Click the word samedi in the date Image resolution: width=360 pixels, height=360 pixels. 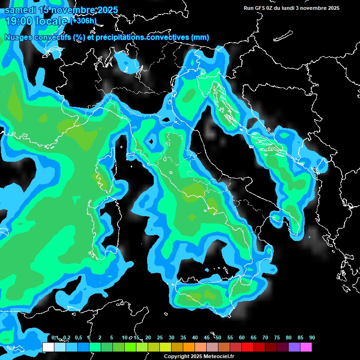[x=20, y=10]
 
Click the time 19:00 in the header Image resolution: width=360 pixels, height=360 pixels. [x=21, y=21]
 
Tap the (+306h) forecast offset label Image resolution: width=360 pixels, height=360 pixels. [x=83, y=21]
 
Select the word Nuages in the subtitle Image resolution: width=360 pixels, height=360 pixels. [x=18, y=37]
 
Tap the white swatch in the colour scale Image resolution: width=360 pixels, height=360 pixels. [x=48, y=347]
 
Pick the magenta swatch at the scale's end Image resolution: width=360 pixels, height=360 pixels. [x=306, y=347]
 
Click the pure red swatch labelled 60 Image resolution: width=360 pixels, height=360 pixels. [x=247, y=347]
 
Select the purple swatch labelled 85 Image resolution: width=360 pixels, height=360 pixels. [x=294, y=347]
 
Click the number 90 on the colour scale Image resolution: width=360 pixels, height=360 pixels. [x=312, y=337]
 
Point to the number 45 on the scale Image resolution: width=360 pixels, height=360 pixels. [x=207, y=337]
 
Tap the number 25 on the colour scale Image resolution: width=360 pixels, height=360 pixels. [x=160, y=337]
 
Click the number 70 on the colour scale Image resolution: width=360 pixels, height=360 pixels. [x=265, y=337]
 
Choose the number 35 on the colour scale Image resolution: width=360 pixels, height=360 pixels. [x=183, y=337]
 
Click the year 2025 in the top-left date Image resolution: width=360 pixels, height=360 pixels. [x=106, y=10]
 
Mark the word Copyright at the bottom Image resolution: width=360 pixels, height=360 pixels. [x=176, y=356]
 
